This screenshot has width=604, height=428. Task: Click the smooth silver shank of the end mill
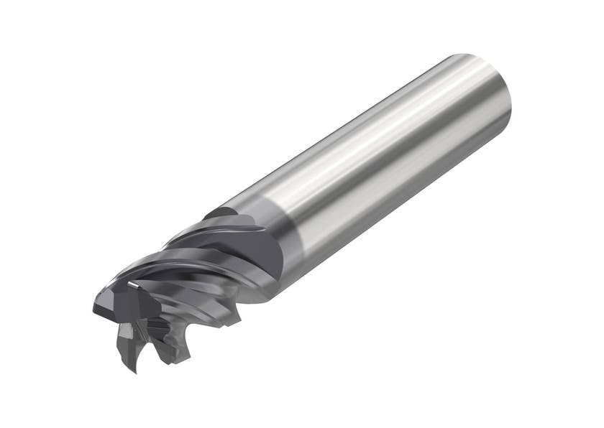point(388,165)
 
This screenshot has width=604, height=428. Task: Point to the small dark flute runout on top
point(219,213)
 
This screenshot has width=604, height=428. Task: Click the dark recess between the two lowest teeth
point(147,345)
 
